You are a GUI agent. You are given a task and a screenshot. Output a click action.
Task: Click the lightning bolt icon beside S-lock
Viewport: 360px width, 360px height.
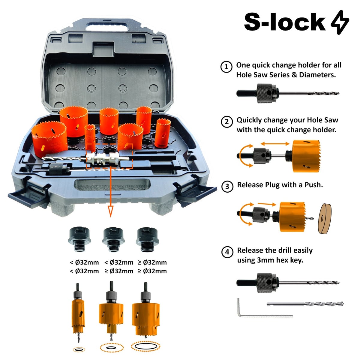(x=340, y=22)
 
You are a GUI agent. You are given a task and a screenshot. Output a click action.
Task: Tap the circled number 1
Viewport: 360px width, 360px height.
(x=226, y=67)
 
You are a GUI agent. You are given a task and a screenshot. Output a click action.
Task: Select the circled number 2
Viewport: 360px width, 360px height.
(x=227, y=122)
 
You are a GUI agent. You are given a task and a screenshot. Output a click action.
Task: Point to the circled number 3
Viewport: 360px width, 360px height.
(x=227, y=186)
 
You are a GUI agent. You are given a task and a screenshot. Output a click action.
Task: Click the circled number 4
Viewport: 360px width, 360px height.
(x=227, y=252)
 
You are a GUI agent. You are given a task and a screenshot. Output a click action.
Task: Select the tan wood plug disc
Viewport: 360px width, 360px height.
(x=325, y=218)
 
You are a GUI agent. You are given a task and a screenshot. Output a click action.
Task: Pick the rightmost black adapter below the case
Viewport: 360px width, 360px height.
(x=147, y=239)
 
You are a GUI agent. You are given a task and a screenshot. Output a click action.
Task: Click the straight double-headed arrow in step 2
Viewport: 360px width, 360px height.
(x=275, y=143)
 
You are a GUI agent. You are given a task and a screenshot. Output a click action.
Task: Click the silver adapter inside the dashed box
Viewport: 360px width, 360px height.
(x=108, y=159)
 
